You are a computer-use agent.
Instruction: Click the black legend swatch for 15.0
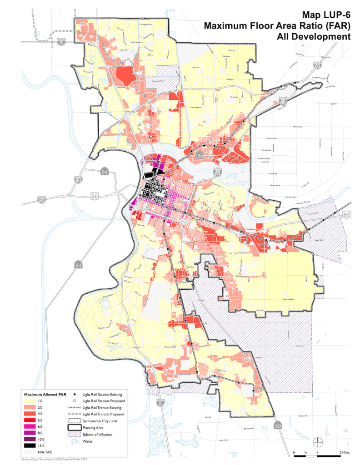pos(32,446)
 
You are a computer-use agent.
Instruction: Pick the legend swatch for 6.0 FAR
pos(32,427)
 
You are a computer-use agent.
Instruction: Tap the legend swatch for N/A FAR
pos(32,452)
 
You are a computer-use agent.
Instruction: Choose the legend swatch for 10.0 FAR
pos(32,440)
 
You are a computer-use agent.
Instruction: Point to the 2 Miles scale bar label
pos(343,453)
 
